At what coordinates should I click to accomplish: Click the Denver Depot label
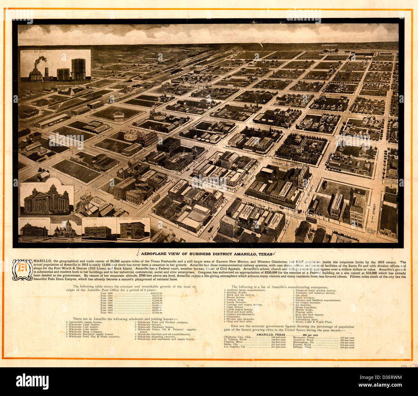tap(126, 83)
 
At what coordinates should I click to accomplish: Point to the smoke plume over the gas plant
tap(40, 60)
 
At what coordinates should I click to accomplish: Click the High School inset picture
tap(98, 230)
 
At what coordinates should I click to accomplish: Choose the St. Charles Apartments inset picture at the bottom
tap(132, 229)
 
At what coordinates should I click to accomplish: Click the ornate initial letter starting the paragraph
tap(23, 270)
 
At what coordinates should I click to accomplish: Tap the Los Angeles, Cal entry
tap(254, 347)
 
